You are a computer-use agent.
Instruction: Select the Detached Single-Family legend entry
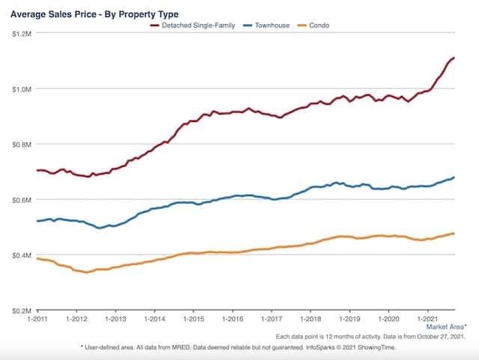pyautogui.click(x=198, y=25)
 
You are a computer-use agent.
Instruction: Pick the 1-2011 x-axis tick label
pyautogui.click(x=37, y=318)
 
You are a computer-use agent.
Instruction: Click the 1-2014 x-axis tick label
pyautogui.click(x=154, y=318)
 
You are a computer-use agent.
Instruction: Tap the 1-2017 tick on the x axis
pyautogui.click(x=271, y=318)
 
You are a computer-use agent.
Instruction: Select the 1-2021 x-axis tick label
pyautogui.click(x=427, y=318)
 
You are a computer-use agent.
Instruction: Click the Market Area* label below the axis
pyautogui.click(x=446, y=327)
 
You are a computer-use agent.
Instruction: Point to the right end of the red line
pyautogui.click(x=454, y=58)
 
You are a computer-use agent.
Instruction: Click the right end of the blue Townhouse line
pyautogui.click(x=454, y=177)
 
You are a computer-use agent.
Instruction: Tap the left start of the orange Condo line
pyautogui.click(x=37, y=258)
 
